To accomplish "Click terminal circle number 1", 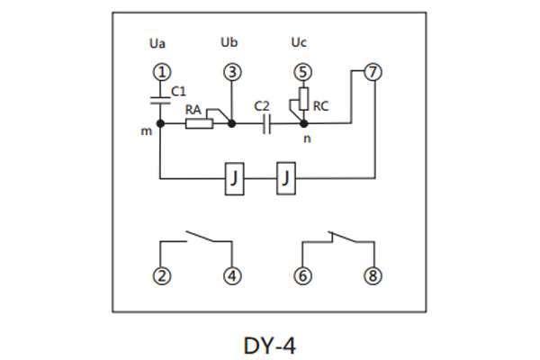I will pos(160,72).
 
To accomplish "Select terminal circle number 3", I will pos(232,72).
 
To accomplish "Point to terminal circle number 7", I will pos(373,72).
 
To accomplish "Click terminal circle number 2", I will pos(160,275).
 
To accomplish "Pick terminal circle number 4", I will pos(232,275).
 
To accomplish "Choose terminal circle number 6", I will pos(303,275).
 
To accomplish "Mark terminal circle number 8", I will pos(373,275).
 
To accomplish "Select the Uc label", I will pos(300,42).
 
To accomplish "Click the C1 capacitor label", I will pos(178,91).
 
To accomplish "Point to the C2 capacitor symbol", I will pos(265,124).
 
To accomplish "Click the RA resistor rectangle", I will pos(199,124).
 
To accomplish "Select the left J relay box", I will pos(234,179).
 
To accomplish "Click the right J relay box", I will pos(285,179).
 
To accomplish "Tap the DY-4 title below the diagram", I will pos(269,343).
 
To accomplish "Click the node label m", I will pos(146,132).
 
